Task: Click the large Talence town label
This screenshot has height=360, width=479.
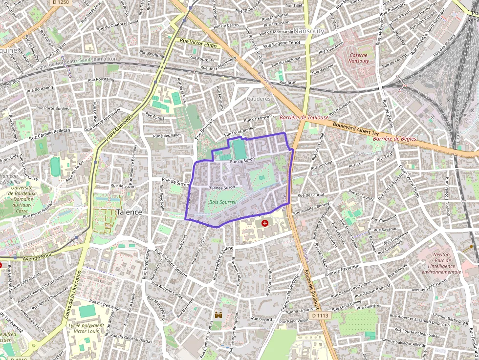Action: [129, 212]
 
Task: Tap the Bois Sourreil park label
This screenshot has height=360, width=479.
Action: [222, 202]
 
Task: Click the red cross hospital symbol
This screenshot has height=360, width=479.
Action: [265, 223]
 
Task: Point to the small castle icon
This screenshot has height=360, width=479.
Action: [218, 316]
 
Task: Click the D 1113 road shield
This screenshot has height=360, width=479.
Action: [320, 316]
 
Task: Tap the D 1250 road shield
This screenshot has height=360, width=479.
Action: [60, 2]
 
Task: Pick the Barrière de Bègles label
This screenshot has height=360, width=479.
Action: [394, 139]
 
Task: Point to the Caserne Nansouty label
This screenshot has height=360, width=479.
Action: [358, 58]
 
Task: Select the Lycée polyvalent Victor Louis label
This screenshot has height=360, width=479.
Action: [86, 328]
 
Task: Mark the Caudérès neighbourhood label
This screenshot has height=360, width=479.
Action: [259, 99]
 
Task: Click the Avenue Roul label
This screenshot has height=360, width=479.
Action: [37, 258]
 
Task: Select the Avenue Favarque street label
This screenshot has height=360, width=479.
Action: [343, 269]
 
